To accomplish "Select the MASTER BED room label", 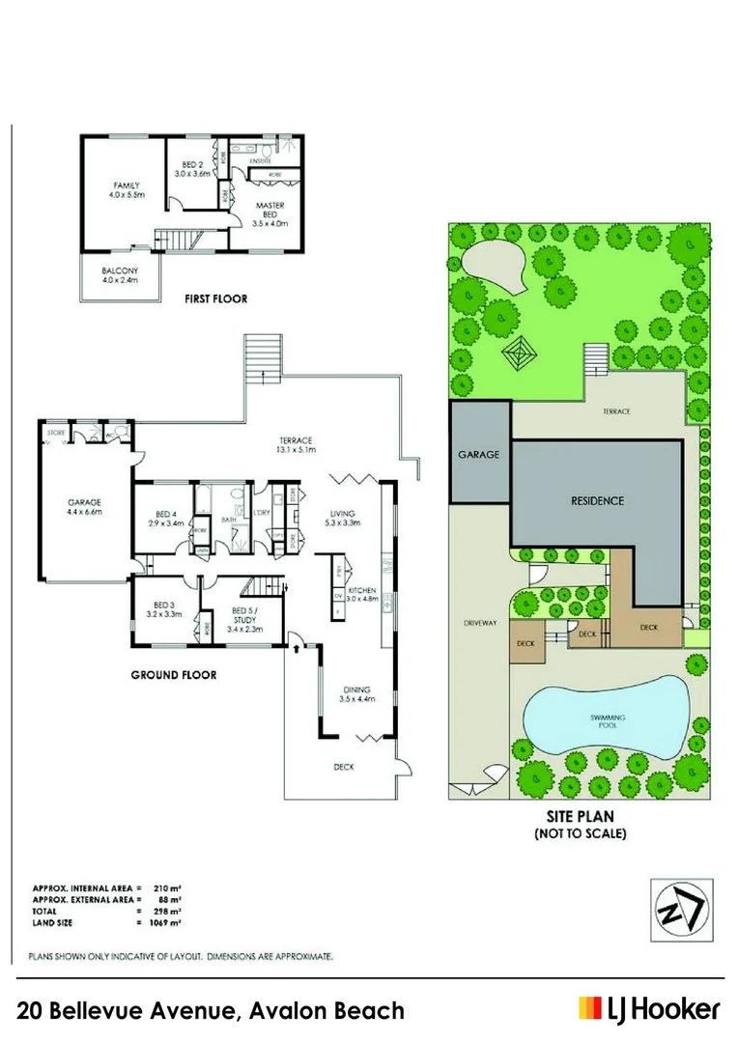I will tap(270, 211).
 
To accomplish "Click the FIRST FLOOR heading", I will tap(215, 299).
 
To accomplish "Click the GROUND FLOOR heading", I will tap(173, 675).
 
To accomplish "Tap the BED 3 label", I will tap(163, 606).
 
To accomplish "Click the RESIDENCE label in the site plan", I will tap(597, 501).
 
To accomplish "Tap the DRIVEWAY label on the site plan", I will tap(479, 623).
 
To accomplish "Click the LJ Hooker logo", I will tap(648, 1010).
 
